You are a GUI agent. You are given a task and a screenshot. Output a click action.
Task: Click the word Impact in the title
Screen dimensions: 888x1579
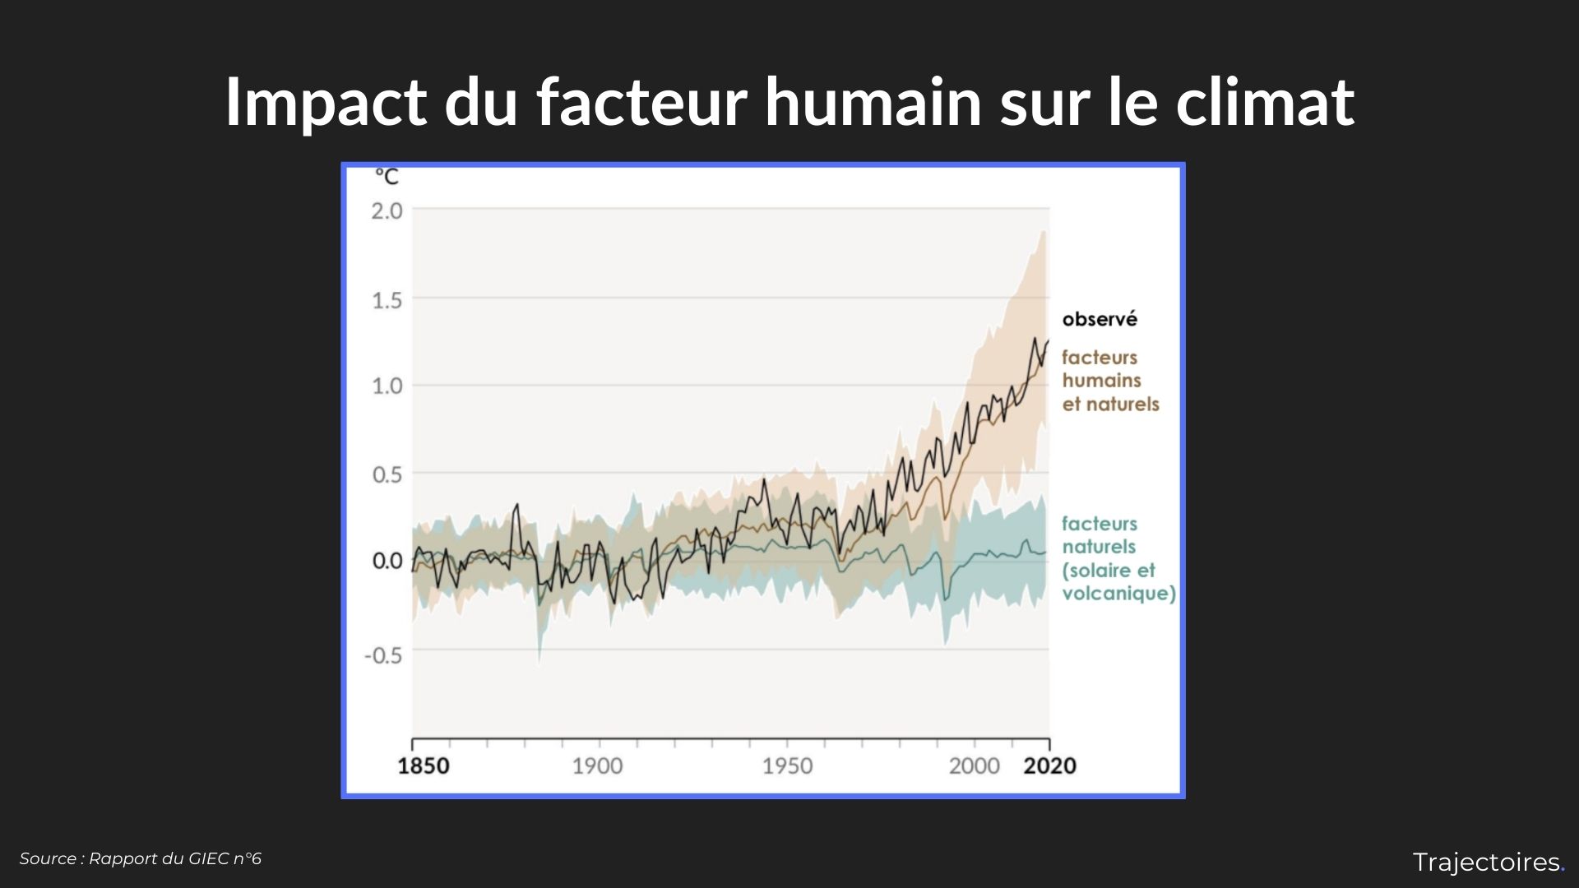coord(326,102)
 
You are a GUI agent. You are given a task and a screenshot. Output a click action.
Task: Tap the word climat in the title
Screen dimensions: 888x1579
coord(1264,102)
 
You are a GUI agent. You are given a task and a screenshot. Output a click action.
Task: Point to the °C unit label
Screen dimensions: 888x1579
coord(387,177)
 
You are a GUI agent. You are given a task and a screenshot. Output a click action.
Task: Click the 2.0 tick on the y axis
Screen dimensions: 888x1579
coord(387,211)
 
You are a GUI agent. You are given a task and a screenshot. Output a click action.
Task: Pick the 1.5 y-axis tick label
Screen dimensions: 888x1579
coord(387,300)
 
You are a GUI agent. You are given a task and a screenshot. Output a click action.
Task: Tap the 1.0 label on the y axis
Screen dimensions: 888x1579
coord(387,386)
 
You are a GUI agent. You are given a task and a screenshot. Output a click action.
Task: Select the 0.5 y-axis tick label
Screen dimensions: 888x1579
coord(387,474)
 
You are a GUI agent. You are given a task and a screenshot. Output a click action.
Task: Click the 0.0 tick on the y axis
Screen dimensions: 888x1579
coord(387,562)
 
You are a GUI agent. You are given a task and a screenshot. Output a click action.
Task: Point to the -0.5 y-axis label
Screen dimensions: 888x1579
coord(383,655)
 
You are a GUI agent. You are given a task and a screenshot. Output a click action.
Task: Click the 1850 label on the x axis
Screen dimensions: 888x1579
coord(424,766)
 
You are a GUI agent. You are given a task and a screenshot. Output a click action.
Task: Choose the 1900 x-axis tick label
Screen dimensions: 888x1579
coord(597,766)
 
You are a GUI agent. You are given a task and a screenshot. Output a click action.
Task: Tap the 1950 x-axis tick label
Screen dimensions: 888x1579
coord(787,766)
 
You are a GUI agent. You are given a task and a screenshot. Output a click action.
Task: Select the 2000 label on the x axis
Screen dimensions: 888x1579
coord(974,766)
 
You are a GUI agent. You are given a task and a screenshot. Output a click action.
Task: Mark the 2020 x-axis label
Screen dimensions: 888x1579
coord(1049,766)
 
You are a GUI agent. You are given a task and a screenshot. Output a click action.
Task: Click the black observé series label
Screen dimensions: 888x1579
coord(1100,319)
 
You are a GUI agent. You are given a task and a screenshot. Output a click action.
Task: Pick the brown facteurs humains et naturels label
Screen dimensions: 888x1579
coord(1109,381)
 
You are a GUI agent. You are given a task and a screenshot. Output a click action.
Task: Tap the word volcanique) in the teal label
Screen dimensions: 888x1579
coord(1118,594)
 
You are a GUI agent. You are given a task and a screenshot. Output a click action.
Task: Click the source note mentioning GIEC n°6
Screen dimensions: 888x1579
coord(141,858)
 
